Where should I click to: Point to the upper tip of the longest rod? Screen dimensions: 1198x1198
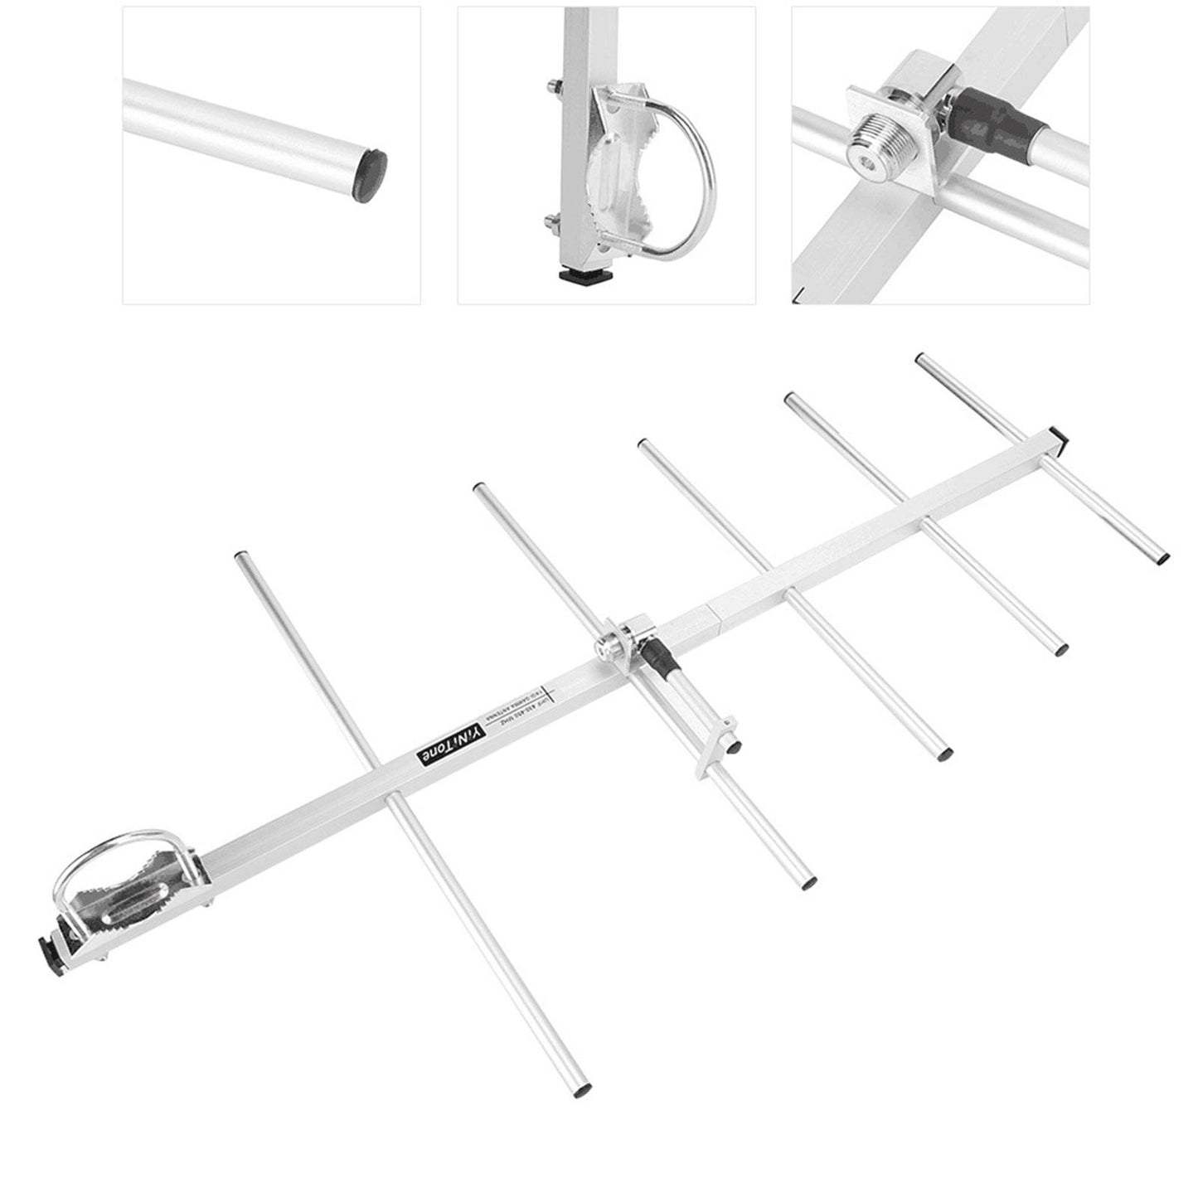(240, 557)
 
